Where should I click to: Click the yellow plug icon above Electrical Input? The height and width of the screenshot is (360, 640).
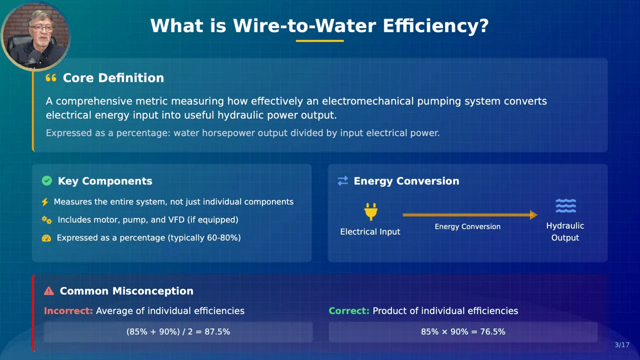[x=371, y=211]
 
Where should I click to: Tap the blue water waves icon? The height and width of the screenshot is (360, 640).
[x=565, y=205]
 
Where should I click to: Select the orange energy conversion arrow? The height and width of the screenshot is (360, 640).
[x=470, y=215]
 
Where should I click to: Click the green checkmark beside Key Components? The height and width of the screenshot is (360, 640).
[x=47, y=181]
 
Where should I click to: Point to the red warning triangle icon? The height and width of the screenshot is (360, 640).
[x=49, y=291]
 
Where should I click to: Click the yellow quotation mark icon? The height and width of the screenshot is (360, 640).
[x=51, y=77]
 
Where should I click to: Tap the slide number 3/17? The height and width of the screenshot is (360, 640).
[x=622, y=345]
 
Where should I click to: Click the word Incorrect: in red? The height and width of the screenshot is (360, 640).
[x=68, y=311]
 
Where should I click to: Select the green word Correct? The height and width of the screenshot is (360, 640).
[x=349, y=311]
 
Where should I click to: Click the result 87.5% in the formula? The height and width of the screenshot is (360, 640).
[x=217, y=331]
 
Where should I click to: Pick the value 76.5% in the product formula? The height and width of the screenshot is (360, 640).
[x=492, y=331]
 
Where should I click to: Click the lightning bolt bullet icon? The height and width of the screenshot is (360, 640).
[x=45, y=202]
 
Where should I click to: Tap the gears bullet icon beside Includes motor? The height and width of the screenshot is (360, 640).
[x=47, y=220]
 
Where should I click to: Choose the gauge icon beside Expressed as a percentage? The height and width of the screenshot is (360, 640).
[x=46, y=238]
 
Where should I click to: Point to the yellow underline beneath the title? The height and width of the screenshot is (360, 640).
[x=319, y=41]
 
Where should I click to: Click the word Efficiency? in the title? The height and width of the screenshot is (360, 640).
[x=435, y=26]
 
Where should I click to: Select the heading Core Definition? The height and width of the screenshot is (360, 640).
[x=113, y=77]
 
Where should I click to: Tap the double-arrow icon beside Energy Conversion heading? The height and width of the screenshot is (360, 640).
[x=343, y=181]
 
